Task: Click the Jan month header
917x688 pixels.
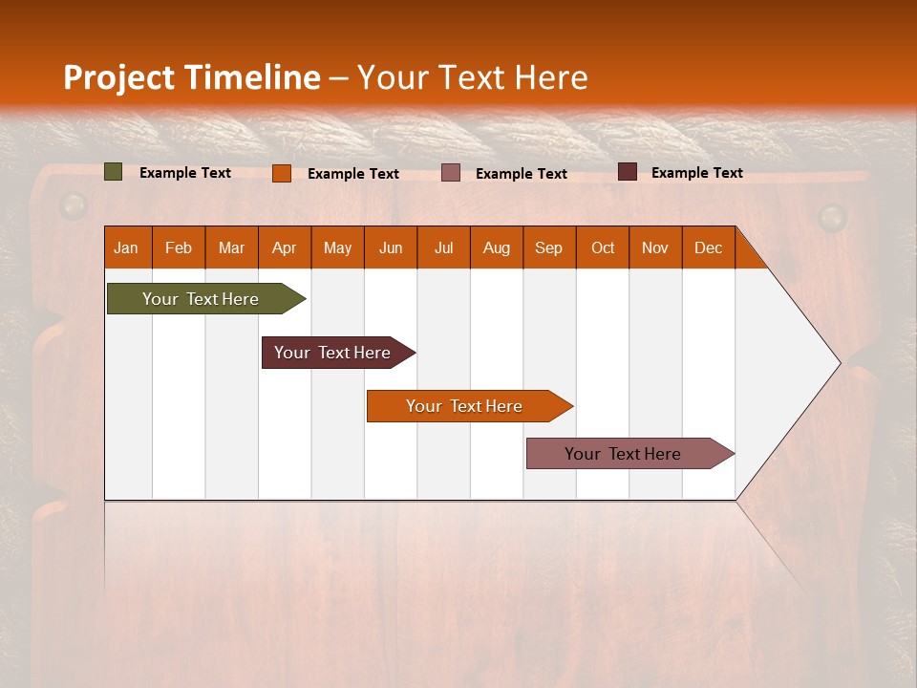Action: (x=127, y=247)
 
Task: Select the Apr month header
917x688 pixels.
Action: (x=284, y=247)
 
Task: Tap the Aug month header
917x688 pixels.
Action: (x=496, y=247)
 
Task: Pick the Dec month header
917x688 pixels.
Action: (x=708, y=247)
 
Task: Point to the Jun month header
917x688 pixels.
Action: (x=390, y=247)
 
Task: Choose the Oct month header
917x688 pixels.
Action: (x=602, y=247)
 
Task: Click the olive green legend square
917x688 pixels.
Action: (x=114, y=172)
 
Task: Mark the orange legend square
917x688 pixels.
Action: (x=282, y=173)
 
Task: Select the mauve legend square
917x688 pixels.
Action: (x=451, y=172)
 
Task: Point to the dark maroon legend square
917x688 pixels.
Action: (x=627, y=172)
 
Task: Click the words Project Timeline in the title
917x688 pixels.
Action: (x=191, y=77)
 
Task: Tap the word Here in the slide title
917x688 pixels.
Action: (x=551, y=77)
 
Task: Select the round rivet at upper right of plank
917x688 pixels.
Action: (x=833, y=217)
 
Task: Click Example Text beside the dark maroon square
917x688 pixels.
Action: (x=696, y=172)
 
